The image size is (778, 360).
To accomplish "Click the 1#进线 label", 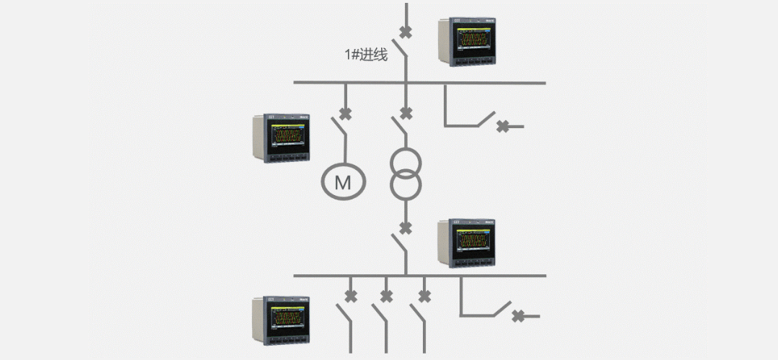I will click(x=366, y=54).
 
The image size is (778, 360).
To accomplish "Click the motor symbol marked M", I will click(x=343, y=182).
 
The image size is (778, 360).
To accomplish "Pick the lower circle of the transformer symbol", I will click(x=406, y=186).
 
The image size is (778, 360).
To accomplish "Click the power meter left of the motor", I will click(x=282, y=138).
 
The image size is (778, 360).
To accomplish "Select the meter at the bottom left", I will click(x=282, y=321).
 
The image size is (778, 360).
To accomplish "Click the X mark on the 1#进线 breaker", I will click(x=406, y=32).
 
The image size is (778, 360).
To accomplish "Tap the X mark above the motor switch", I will click(x=346, y=113).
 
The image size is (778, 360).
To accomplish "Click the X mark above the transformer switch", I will click(x=406, y=113).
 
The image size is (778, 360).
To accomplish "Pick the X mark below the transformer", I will click(x=406, y=228).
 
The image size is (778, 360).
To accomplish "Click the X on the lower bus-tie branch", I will click(x=518, y=315).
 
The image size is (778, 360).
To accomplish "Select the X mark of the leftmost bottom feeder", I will click(x=351, y=295).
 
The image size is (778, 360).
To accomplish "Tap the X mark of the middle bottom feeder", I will click(x=387, y=295).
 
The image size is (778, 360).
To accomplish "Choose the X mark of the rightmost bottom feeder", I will click(x=424, y=295).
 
